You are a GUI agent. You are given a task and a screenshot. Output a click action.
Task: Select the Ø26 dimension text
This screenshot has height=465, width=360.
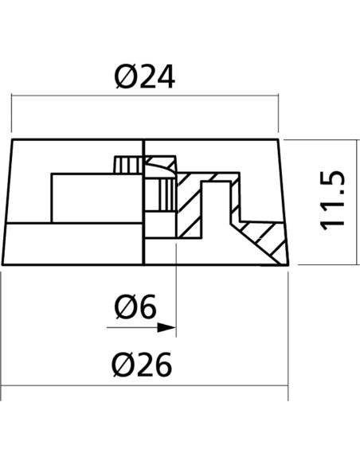142,365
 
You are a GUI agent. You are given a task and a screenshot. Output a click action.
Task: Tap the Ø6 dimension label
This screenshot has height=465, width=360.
135,307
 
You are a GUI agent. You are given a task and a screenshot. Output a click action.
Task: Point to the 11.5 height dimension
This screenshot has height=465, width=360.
333,201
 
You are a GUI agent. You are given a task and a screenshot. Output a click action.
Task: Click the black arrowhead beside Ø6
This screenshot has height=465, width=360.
166,328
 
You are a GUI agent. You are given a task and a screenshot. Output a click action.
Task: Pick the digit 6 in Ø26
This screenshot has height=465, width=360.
162,365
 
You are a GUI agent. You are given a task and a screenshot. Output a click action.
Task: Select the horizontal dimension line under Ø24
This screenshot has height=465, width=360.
145,96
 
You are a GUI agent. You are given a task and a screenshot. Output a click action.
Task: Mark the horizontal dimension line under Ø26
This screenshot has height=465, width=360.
144,386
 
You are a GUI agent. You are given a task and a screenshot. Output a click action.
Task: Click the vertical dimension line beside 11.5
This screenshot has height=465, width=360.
355,202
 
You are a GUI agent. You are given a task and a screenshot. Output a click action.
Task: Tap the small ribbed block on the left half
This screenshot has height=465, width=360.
128,165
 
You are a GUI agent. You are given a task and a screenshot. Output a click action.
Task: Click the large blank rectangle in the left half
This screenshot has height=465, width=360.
97,198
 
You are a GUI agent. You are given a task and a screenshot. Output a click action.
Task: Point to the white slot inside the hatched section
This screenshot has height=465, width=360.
216,208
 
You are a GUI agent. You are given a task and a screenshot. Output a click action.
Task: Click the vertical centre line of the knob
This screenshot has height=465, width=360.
144,201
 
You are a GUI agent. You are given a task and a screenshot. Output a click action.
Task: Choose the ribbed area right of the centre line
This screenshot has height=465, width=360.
166,195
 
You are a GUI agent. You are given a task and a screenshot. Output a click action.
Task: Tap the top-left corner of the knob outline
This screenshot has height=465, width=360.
12,139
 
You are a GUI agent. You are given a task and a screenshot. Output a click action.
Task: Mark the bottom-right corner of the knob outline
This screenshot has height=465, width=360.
288,264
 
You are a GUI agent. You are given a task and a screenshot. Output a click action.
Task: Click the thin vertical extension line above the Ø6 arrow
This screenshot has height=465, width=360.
177,289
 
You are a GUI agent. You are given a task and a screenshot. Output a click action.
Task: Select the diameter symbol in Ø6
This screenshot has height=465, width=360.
125,307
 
